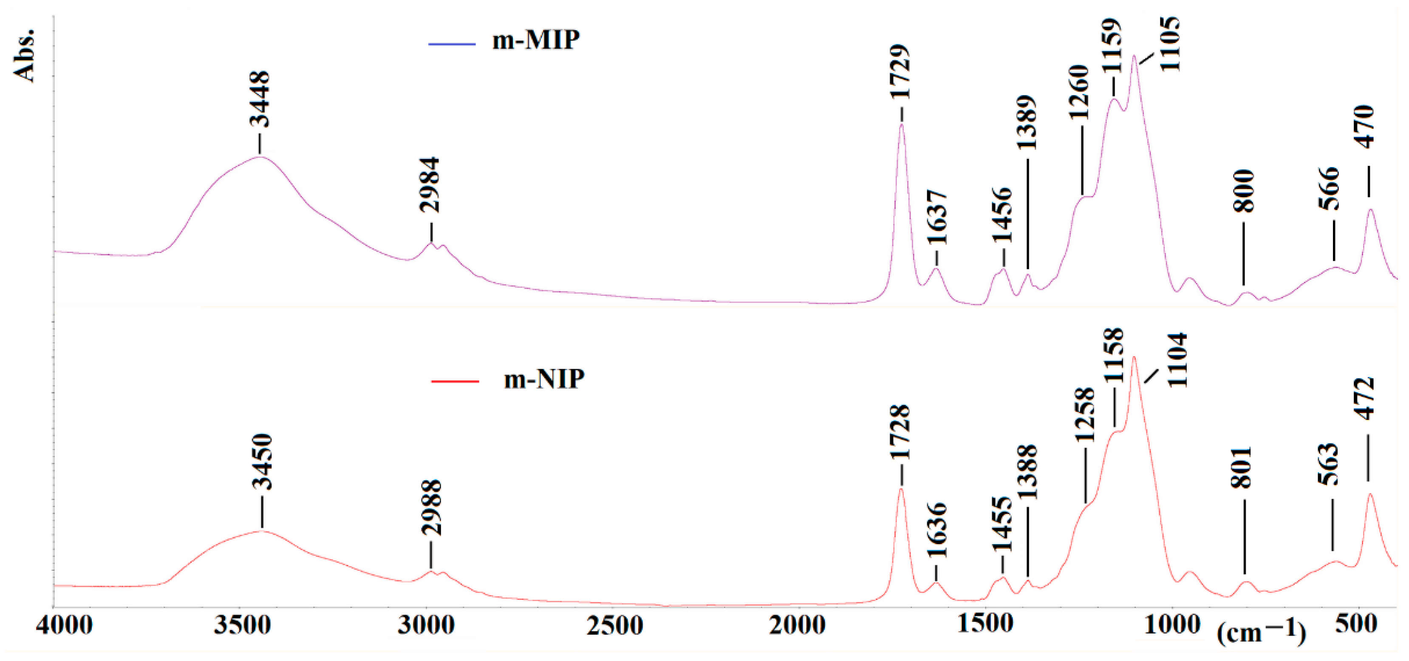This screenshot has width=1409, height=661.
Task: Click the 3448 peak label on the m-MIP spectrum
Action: click(x=260, y=99)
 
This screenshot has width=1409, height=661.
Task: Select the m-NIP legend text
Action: click(x=544, y=379)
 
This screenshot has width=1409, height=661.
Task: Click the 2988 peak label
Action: click(x=432, y=507)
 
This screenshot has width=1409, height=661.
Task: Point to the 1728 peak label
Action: click(x=900, y=432)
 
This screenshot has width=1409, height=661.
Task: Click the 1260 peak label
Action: click(x=1080, y=92)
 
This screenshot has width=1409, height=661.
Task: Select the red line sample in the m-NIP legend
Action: click(x=455, y=381)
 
